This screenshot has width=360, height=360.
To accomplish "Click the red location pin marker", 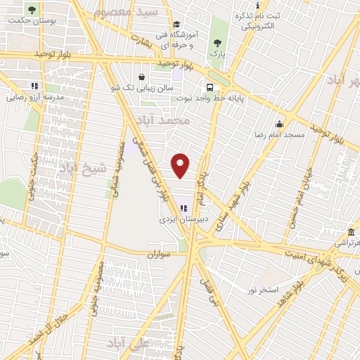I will coord(181,165).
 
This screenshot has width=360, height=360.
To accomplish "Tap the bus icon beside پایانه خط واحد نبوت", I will coord(210,88).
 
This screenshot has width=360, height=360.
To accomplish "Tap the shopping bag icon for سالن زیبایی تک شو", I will coord(142,77).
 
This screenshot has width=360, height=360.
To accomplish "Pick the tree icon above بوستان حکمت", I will coord(31,10).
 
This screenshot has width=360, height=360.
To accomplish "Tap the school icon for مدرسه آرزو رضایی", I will coord(35,86).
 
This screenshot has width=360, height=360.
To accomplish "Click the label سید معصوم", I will coord(138,13).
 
